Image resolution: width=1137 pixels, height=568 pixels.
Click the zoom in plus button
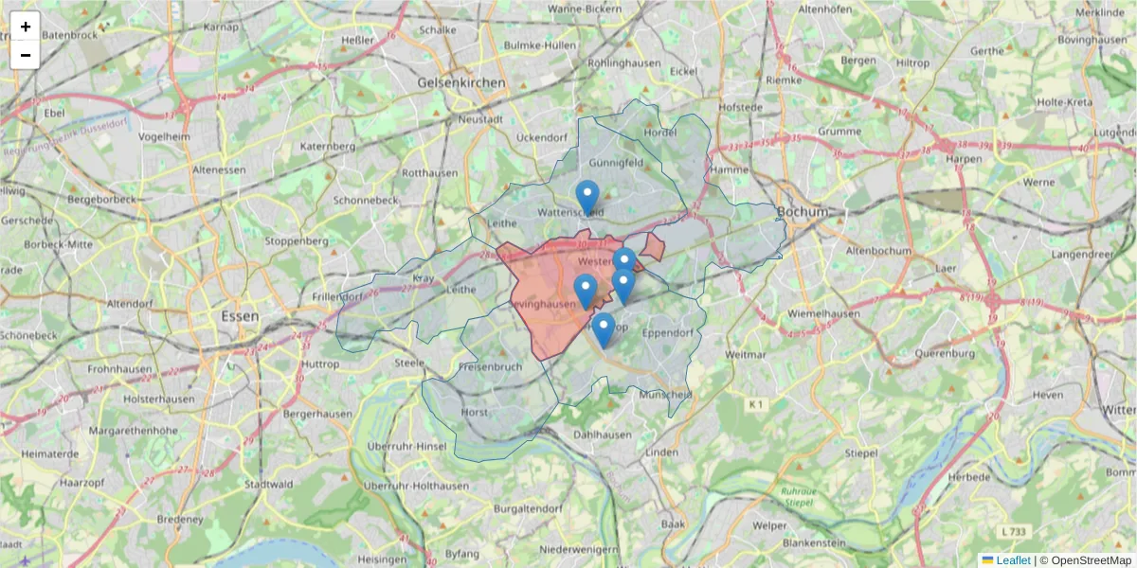pyautogui.click(x=26, y=27)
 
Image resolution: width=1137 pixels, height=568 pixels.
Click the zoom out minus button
pyautogui.click(x=26, y=55)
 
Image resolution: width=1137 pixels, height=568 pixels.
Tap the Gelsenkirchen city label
pyautogui.click(x=461, y=83)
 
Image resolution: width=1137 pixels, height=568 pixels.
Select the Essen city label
pyautogui.click(x=239, y=316)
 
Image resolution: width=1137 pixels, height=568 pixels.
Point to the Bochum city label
pyautogui.click(x=801, y=210)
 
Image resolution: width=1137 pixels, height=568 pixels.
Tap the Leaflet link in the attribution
pyautogui.click(x=1013, y=560)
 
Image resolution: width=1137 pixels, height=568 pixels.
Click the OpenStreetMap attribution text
pyautogui.click(x=1091, y=560)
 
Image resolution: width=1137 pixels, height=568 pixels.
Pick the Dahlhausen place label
pyautogui.click(x=603, y=435)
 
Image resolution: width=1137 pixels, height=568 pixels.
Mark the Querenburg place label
pyautogui.click(x=952, y=354)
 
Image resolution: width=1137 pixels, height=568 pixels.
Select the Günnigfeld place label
pyautogui.click(x=616, y=163)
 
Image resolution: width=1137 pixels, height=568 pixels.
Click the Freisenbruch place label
pyautogui.click(x=490, y=366)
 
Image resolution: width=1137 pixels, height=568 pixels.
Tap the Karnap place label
pyautogui.click(x=221, y=27)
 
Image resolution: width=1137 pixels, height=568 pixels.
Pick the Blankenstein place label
pyautogui.click(x=814, y=543)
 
